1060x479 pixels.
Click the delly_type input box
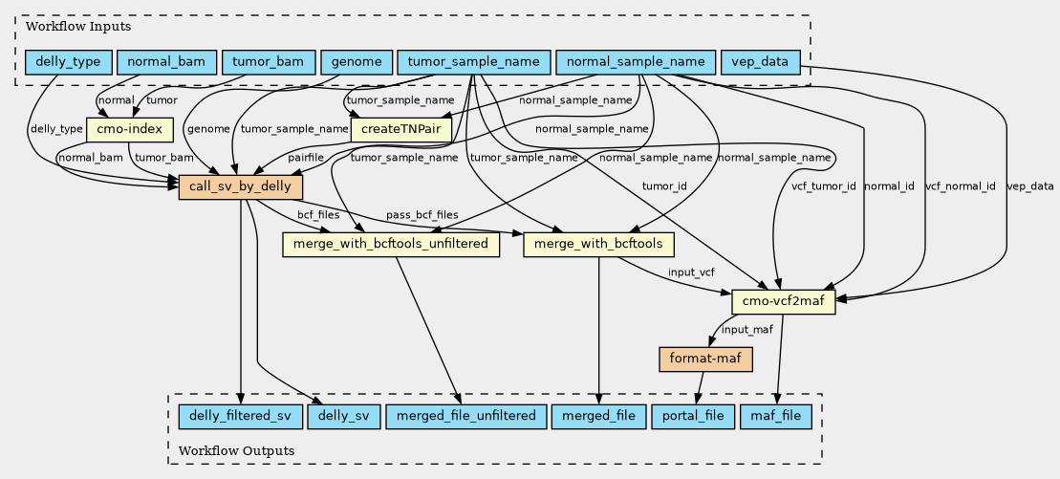[x=68, y=63]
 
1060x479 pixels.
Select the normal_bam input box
[x=166, y=63]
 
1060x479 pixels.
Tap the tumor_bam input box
[x=269, y=63]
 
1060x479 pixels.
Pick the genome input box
[x=357, y=63]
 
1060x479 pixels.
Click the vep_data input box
[x=761, y=63]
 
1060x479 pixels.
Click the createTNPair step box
[x=401, y=129]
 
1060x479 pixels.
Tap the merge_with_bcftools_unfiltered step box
[x=391, y=244]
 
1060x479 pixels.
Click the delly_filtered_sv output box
[x=240, y=416]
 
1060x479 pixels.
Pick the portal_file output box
[x=693, y=416]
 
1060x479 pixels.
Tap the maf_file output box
[x=776, y=416]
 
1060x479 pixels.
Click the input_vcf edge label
[x=691, y=272]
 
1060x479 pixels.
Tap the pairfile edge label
[x=306, y=158]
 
